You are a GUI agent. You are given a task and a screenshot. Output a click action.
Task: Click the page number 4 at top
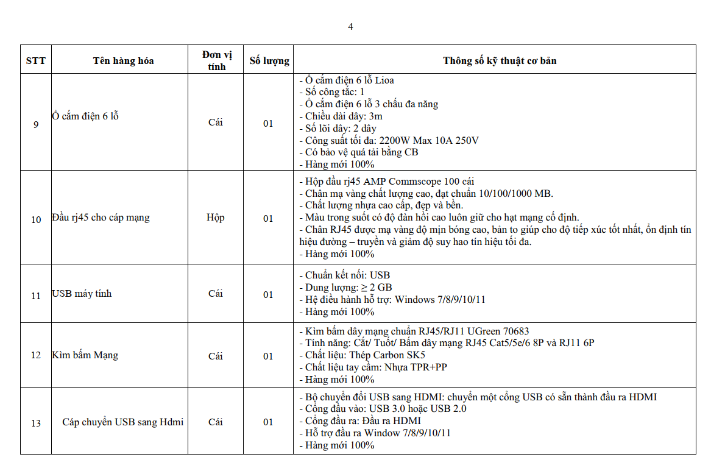(350, 26)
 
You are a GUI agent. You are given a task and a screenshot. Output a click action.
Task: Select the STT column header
(36, 60)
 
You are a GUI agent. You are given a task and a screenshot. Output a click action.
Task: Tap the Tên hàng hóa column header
(123, 60)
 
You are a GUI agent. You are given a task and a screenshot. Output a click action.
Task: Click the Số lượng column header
(269, 60)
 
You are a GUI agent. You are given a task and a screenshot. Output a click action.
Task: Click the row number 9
(36, 125)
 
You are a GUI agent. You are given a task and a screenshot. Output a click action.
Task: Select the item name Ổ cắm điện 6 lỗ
(85, 116)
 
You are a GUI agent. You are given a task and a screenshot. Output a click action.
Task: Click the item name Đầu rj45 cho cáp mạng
(101, 218)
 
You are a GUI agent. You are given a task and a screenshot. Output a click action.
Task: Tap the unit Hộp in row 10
(216, 218)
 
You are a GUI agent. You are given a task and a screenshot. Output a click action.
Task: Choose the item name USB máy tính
(82, 294)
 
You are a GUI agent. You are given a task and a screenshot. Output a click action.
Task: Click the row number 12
(36, 356)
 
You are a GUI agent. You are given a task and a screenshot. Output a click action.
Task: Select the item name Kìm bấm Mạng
(85, 355)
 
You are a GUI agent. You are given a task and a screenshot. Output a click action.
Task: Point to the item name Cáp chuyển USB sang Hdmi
(122, 422)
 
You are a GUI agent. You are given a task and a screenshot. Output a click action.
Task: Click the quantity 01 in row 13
(268, 422)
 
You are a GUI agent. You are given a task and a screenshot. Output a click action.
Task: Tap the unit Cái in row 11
(216, 294)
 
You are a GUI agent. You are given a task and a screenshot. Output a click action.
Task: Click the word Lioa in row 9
(384, 80)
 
